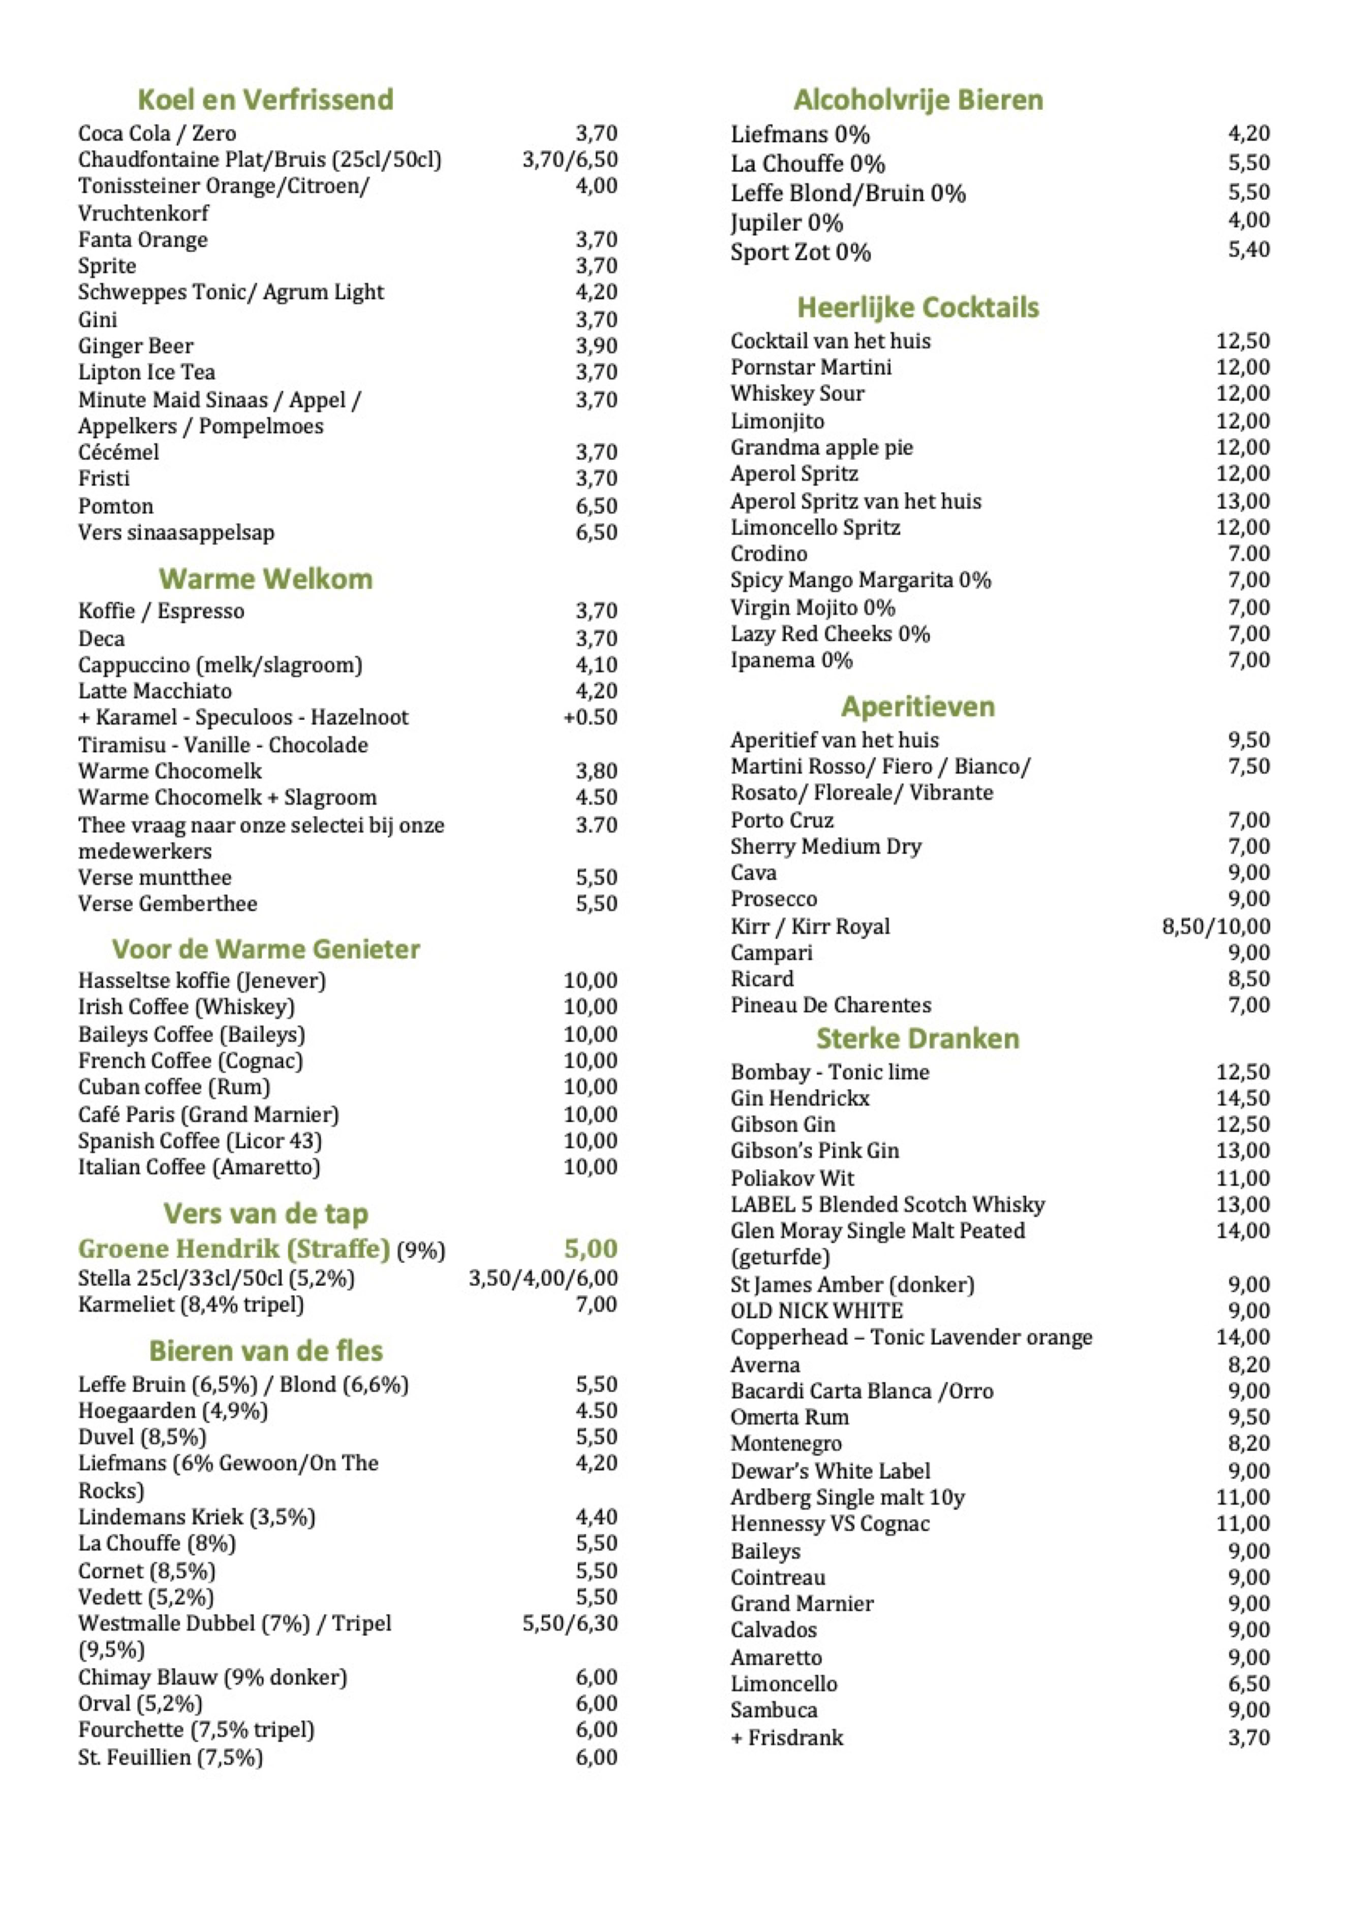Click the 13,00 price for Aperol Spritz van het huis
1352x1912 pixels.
click(x=1242, y=501)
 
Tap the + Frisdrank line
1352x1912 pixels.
click(x=786, y=1737)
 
